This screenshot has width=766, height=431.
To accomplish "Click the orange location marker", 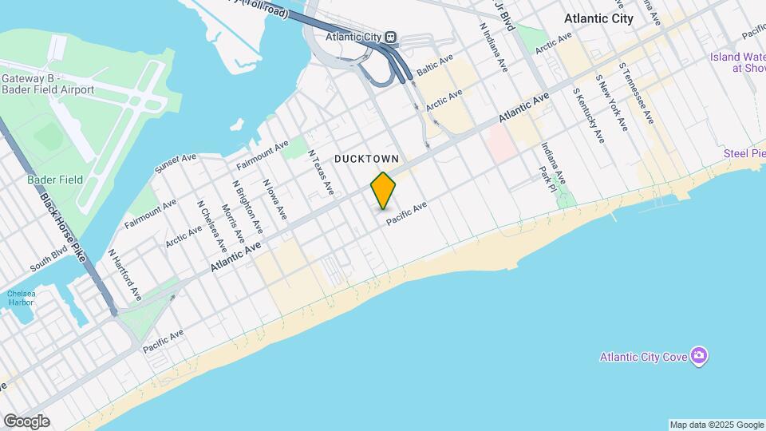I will click(x=384, y=190).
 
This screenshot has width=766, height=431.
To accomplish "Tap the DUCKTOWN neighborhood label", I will click(x=366, y=159).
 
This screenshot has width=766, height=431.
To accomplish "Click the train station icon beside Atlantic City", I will click(x=390, y=37).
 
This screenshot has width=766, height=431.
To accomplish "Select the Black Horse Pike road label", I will click(x=62, y=228).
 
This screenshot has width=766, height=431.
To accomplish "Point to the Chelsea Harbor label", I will click(x=20, y=298).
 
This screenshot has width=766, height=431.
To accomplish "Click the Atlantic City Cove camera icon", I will click(x=699, y=355).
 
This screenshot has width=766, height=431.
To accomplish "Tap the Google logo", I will click(x=26, y=421).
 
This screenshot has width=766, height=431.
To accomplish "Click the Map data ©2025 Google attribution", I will click(x=716, y=425).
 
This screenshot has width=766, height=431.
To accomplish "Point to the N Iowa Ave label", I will click(x=274, y=200).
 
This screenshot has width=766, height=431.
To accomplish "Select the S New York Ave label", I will click(x=612, y=107).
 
